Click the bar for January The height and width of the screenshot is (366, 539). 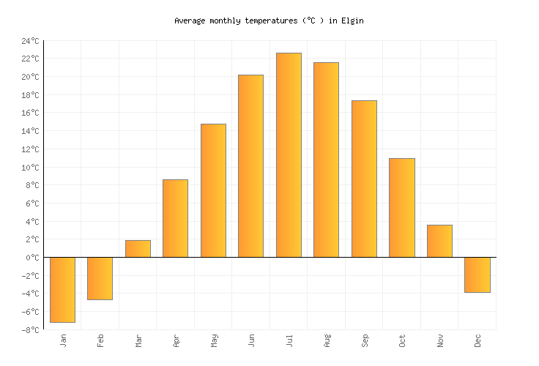(x=62, y=289)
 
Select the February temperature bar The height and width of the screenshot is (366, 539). (x=100, y=278)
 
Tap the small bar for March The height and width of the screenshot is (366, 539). (x=138, y=249)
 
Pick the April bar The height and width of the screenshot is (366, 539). (x=175, y=218)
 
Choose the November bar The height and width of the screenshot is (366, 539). (x=439, y=241)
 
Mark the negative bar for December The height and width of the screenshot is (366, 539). (x=477, y=274)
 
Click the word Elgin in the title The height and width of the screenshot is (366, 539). (x=352, y=20)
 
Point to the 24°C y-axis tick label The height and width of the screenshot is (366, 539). (x=30, y=41)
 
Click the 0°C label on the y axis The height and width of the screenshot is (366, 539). (x=32, y=258)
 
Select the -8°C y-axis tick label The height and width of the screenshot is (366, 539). (x=30, y=330)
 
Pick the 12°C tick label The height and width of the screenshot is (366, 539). (x=30, y=149)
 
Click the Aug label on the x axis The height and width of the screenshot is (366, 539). (x=327, y=340)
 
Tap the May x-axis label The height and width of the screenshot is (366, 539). (x=213, y=340)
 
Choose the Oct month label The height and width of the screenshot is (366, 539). (x=402, y=340)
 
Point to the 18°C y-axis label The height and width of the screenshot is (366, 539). (x=30, y=95)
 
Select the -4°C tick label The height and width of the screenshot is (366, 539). (x=30, y=294)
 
